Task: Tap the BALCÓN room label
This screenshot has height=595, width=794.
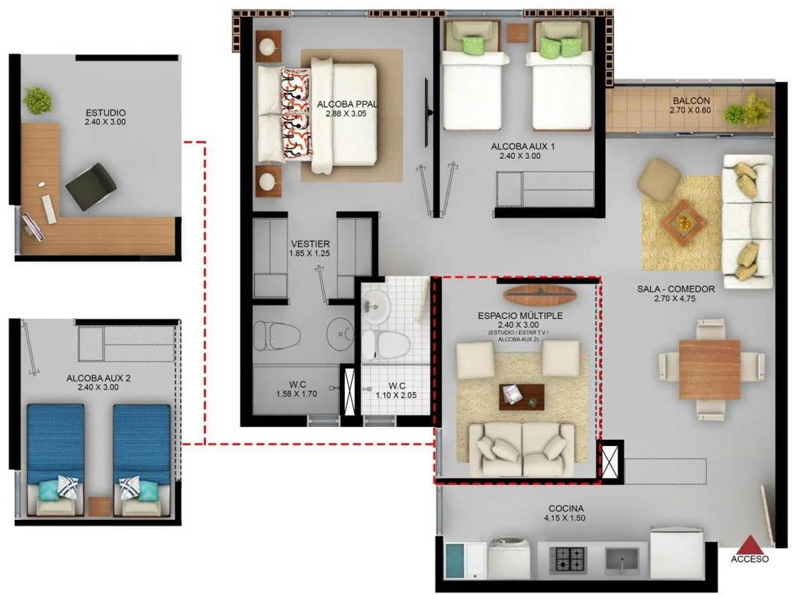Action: coord(691,101)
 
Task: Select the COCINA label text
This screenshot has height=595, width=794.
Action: coord(566,508)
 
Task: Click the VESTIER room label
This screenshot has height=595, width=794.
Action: coord(310,244)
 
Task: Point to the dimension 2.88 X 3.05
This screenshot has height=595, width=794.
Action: coord(346,113)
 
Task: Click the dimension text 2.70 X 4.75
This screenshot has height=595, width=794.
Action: coord(675,299)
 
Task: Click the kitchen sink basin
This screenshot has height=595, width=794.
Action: coord(622,560)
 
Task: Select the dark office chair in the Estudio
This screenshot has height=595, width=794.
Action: coord(92,186)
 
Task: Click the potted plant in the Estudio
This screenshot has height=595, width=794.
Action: coord(38,100)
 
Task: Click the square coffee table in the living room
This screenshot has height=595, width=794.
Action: coord(681,222)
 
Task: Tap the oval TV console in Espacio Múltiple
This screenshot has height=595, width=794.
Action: coord(541,294)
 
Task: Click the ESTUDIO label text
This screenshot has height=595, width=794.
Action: coord(106,113)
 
